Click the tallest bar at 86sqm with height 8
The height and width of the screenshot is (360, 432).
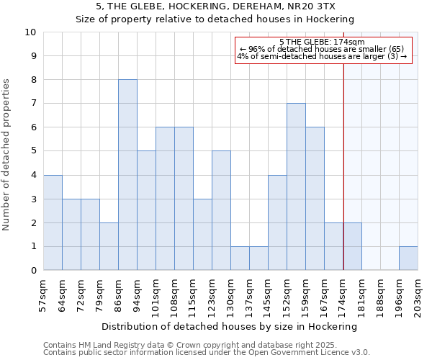click(x=127, y=175)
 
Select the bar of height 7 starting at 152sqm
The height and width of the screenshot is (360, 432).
click(x=296, y=186)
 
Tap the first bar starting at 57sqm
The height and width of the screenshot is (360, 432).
click(x=53, y=222)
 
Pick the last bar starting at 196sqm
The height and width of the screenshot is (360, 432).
click(x=408, y=258)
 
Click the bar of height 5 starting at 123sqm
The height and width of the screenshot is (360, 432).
click(x=221, y=210)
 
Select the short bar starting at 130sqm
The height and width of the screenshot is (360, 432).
click(x=240, y=258)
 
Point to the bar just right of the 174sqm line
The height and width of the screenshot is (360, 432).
click(x=353, y=246)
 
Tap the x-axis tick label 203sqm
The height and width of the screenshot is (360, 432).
click(x=418, y=295)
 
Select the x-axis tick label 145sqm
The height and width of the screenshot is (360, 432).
click(x=268, y=295)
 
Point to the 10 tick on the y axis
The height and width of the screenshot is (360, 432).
click(x=30, y=32)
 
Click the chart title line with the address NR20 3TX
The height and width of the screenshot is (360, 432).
click(x=215, y=6)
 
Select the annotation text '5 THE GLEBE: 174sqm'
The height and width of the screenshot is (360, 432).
click(x=322, y=42)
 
